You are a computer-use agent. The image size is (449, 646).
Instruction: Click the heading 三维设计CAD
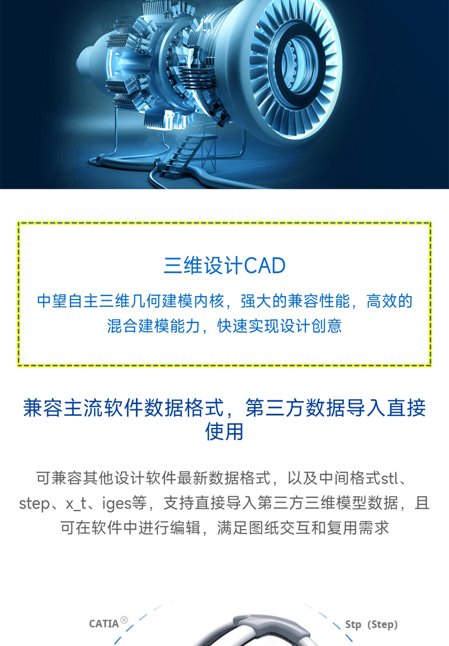[224, 265]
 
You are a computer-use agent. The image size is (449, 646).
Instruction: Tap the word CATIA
[104, 624]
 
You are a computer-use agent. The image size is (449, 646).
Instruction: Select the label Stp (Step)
[371, 624]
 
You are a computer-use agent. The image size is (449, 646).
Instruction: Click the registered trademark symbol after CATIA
[124, 620]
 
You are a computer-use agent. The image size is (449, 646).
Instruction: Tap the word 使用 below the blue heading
[224, 431]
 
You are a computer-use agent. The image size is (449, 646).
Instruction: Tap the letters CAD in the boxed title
[265, 265]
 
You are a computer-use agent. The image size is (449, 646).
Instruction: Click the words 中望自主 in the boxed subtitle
[68, 301]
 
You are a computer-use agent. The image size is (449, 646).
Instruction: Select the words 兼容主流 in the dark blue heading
[63, 408]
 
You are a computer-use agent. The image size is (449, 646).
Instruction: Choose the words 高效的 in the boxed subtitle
[389, 301]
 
